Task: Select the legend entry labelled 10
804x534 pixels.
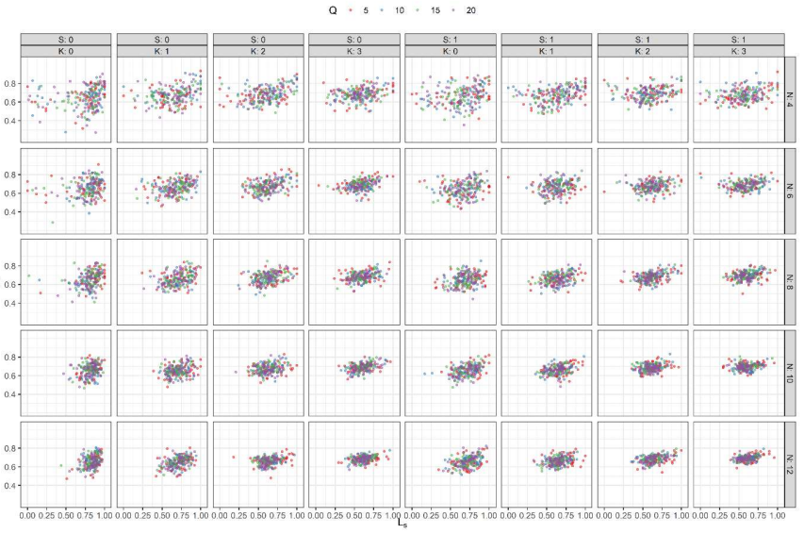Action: click(x=400, y=10)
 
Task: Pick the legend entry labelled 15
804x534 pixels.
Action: click(x=439, y=10)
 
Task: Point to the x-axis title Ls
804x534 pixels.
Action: click(x=402, y=524)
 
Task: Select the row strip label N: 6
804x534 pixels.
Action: click(x=793, y=193)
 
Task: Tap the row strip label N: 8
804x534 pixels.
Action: click(x=793, y=285)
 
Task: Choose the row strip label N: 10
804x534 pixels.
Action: click(x=793, y=375)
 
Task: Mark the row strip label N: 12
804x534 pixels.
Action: click(x=793, y=467)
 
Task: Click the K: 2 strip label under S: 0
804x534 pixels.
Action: click(x=258, y=52)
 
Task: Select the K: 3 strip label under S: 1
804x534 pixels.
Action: click(x=738, y=52)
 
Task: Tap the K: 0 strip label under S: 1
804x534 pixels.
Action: click(x=451, y=52)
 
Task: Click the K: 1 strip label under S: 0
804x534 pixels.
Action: click(x=162, y=52)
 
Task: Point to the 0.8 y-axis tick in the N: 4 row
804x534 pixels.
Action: click(x=12, y=83)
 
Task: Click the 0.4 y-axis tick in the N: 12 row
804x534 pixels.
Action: click(x=12, y=485)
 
